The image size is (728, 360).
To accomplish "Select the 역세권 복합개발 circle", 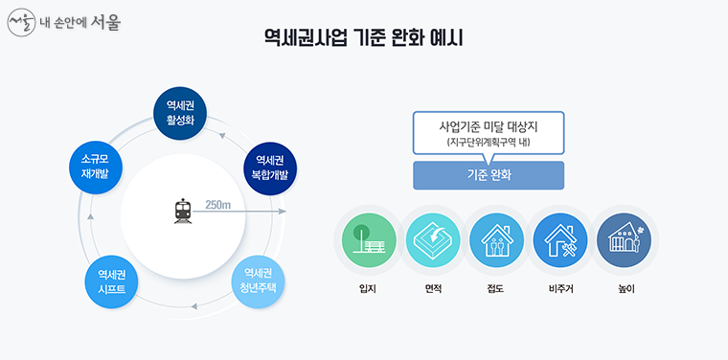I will (x=270, y=167).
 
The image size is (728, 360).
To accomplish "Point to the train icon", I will (x=183, y=210).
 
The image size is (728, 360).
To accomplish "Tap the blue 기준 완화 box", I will (x=489, y=175).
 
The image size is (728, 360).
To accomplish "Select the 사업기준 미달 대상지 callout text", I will (x=489, y=126).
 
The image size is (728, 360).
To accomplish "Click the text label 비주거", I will (x=560, y=287).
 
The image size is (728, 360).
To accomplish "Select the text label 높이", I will (x=624, y=287).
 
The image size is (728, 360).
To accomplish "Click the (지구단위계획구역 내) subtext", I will (x=489, y=143).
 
